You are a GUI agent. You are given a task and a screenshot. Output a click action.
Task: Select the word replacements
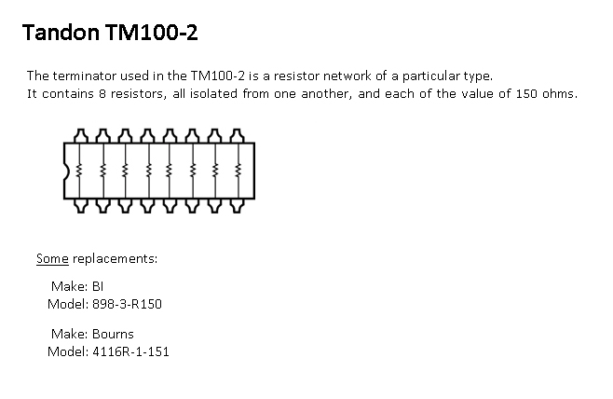[114, 258]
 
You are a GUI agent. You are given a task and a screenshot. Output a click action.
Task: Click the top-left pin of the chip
[80, 135]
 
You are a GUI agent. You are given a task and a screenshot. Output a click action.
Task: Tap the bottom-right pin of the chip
[238, 205]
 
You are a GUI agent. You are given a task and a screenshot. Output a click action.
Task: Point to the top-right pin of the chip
[238, 135]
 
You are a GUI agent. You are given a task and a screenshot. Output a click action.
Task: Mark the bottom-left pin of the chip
[80, 205]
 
